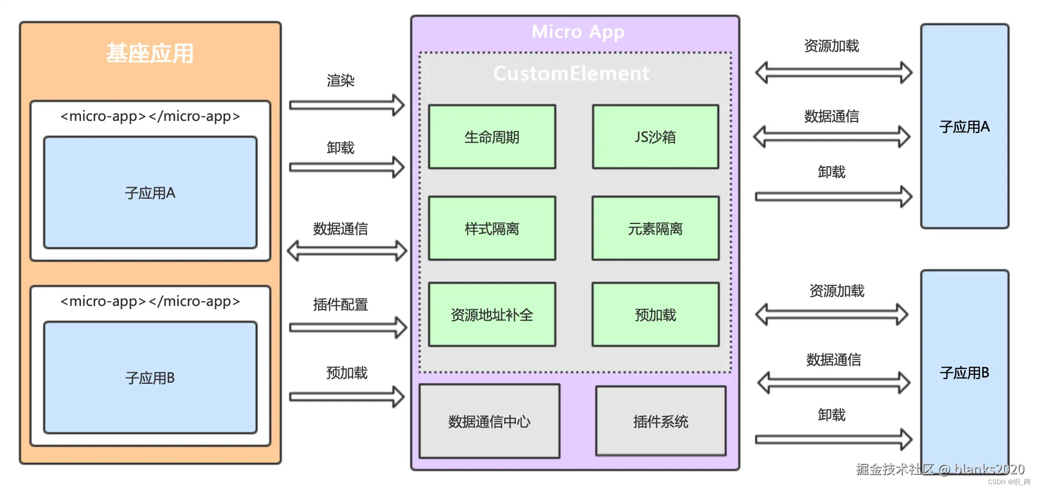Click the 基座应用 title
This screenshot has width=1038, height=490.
(x=150, y=54)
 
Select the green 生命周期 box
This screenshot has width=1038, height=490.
(x=492, y=137)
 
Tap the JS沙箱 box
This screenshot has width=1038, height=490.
(x=656, y=137)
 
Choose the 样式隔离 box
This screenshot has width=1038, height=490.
(x=492, y=228)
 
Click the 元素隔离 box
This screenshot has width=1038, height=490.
(x=656, y=228)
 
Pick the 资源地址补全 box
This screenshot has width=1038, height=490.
(x=492, y=314)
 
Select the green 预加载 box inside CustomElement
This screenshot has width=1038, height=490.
(x=656, y=314)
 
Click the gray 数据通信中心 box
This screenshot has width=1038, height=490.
(x=490, y=421)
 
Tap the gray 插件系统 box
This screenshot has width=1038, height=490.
(x=661, y=421)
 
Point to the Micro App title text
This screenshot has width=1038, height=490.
(x=578, y=32)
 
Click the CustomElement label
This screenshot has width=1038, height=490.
(x=572, y=74)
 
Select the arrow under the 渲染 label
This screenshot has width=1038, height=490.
(x=347, y=105)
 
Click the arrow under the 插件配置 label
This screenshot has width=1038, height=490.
(x=348, y=328)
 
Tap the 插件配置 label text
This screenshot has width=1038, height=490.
(x=341, y=304)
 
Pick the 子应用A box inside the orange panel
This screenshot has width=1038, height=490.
(x=150, y=192)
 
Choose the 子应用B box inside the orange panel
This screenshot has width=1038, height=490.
(x=150, y=377)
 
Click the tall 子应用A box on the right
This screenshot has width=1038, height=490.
(x=965, y=126)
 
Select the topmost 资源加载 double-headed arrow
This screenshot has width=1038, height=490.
(x=834, y=73)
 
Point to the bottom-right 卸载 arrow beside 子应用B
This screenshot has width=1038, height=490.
(x=834, y=440)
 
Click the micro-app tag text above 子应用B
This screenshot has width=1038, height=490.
(x=150, y=301)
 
